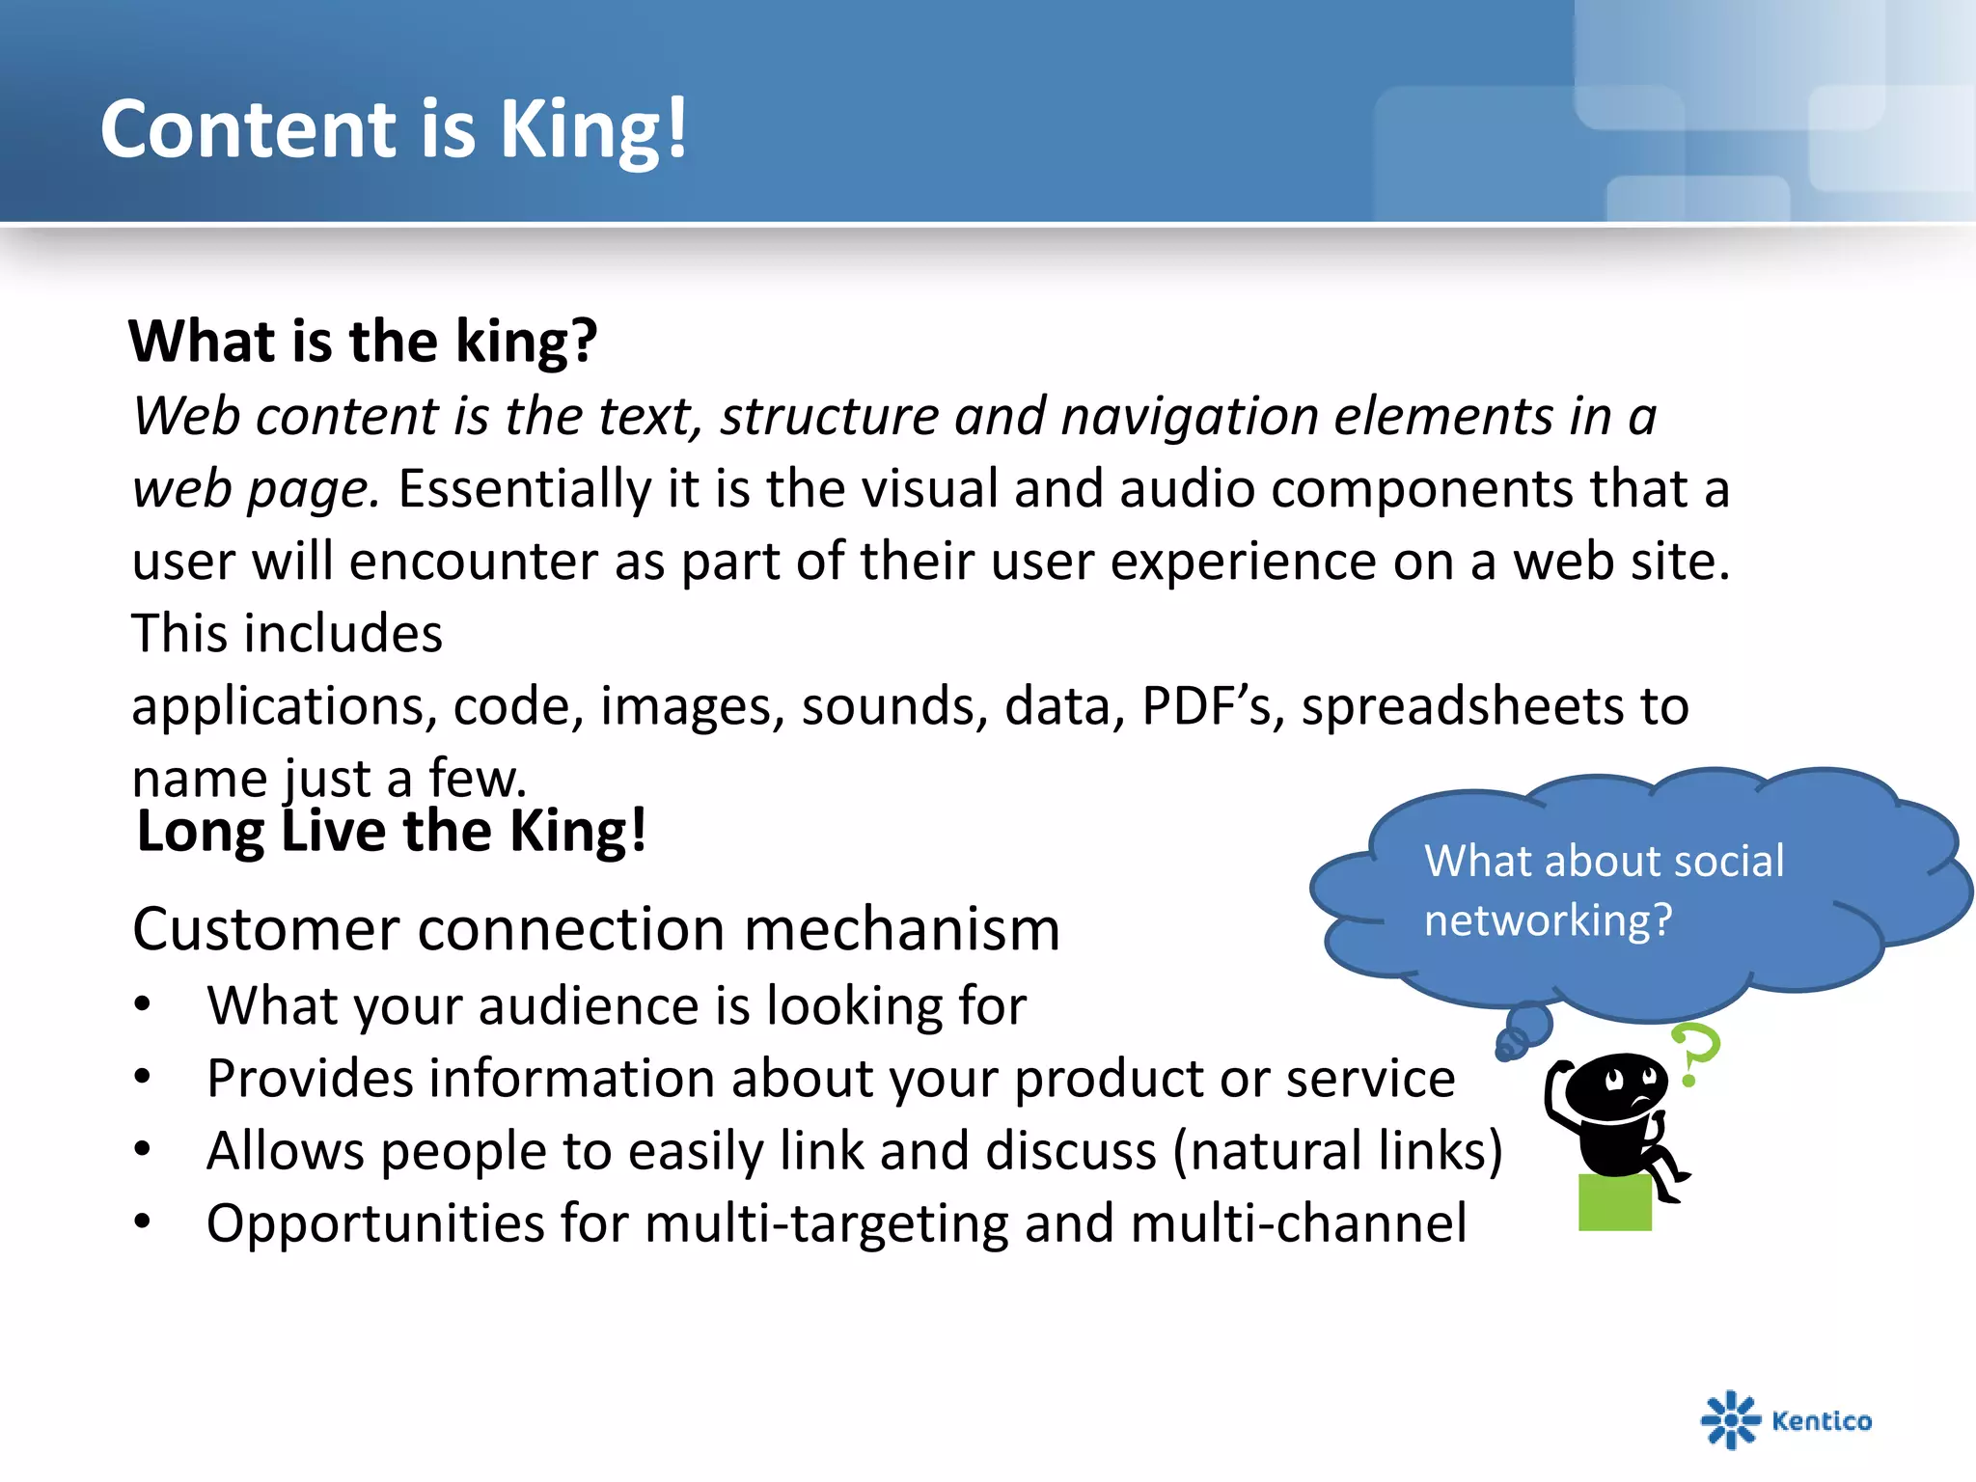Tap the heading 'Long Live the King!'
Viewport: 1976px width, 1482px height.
(x=392, y=832)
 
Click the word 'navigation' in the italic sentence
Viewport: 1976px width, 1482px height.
(x=1189, y=417)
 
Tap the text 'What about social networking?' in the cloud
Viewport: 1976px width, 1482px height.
(x=1604, y=890)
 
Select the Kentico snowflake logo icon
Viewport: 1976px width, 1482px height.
(x=1730, y=1419)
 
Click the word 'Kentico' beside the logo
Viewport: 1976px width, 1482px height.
(x=1822, y=1420)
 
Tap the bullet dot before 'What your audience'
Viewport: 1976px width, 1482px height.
(x=143, y=1005)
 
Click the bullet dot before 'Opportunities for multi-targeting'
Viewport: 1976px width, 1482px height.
(x=143, y=1222)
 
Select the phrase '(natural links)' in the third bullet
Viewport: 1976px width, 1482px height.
(x=1337, y=1151)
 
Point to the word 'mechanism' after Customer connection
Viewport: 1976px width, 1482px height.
(x=901, y=929)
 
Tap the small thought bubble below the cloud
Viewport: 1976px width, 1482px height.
(x=1528, y=1024)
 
